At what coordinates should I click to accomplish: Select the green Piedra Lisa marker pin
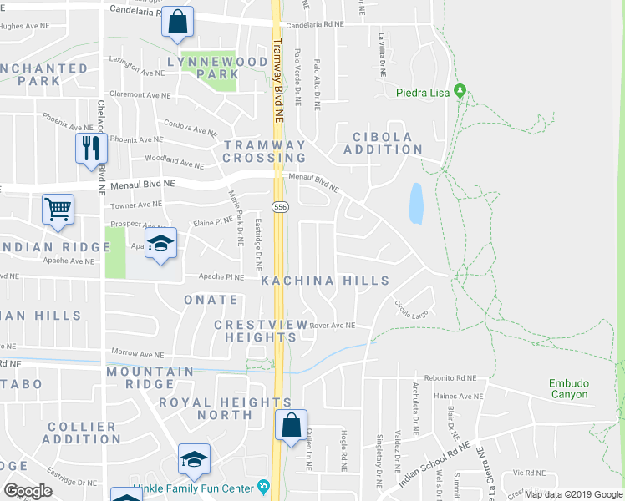(x=459, y=90)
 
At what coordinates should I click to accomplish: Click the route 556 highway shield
(x=280, y=206)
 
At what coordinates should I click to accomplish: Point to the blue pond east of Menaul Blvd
(x=415, y=203)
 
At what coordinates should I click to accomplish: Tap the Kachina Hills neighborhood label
(x=325, y=281)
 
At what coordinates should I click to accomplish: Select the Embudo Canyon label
(x=569, y=389)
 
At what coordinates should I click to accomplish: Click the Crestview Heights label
(x=255, y=331)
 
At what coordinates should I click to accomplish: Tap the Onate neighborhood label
(x=206, y=299)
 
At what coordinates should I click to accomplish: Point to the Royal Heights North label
(x=226, y=408)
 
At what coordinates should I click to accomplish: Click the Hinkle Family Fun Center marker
(x=264, y=485)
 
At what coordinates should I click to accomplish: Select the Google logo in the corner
(x=28, y=491)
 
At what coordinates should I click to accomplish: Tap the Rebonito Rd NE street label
(x=449, y=377)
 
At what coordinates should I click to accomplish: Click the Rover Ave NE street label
(x=332, y=326)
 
